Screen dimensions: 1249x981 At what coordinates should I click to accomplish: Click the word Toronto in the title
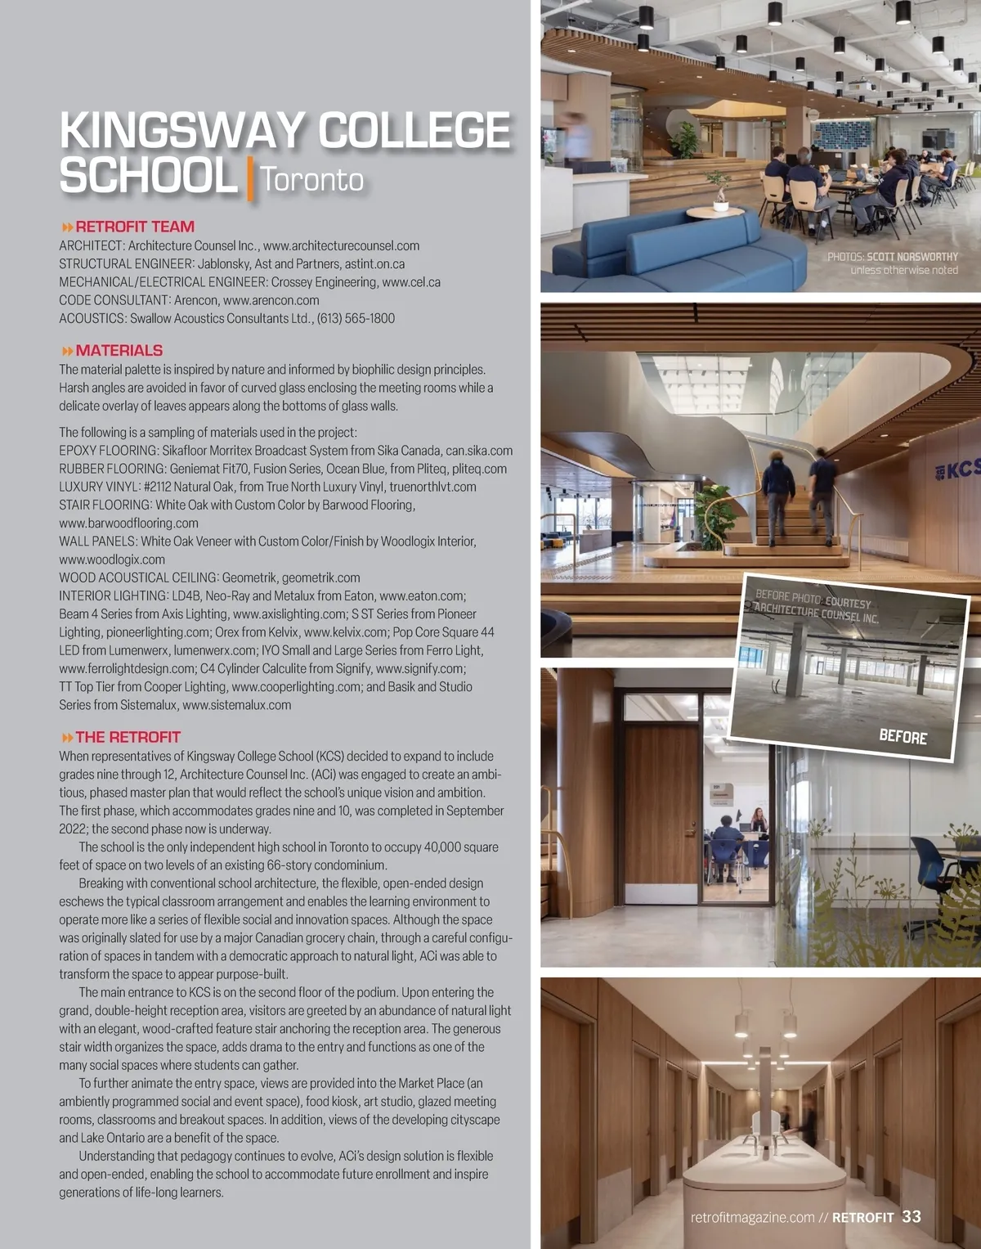(311, 180)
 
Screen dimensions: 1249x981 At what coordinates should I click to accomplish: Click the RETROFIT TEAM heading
(134, 227)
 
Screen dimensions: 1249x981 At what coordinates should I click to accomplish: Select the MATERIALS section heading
(119, 350)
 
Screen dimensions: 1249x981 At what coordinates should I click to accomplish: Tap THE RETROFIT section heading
(128, 737)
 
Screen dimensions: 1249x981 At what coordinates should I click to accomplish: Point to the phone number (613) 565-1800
(356, 318)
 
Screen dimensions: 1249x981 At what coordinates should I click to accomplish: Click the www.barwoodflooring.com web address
(128, 523)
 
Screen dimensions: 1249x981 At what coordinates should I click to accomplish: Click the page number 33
(912, 1216)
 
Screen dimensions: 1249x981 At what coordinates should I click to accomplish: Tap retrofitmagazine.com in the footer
(752, 1217)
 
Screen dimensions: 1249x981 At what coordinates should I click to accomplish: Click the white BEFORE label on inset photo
(903, 736)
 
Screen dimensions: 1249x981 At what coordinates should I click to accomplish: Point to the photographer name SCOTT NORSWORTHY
(912, 257)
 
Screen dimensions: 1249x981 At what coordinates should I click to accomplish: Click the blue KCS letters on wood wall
(961, 469)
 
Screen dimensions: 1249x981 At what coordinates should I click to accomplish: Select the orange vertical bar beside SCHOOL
(249, 178)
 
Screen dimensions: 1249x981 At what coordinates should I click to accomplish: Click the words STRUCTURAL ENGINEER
(125, 264)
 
